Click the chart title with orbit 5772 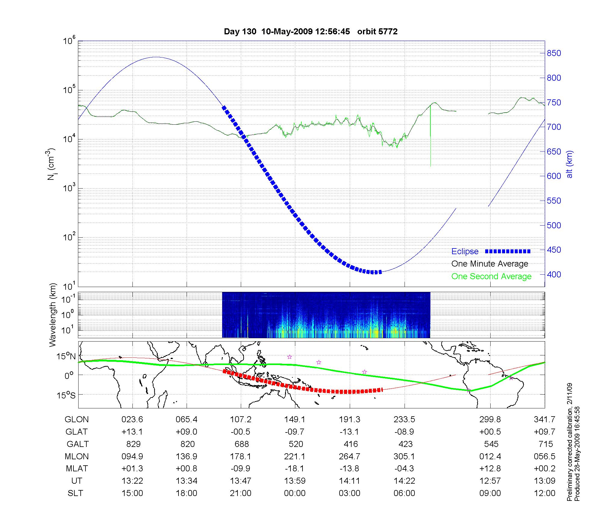[311, 32]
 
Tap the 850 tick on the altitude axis [554, 53]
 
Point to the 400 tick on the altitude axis [554, 275]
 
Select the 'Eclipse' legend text [465, 251]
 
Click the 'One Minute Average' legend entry [490, 264]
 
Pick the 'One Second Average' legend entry [491, 276]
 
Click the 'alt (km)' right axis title [569, 164]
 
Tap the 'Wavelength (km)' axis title [53, 315]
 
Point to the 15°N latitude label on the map [67, 357]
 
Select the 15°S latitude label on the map [67, 395]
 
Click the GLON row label [77, 420]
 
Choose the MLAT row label [77, 469]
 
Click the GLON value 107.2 [241, 420]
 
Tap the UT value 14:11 [349, 481]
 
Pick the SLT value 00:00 [295, 493]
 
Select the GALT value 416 [351, 444]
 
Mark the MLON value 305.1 [404, 457]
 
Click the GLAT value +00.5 [490, 432]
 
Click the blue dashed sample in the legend [508, 251]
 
